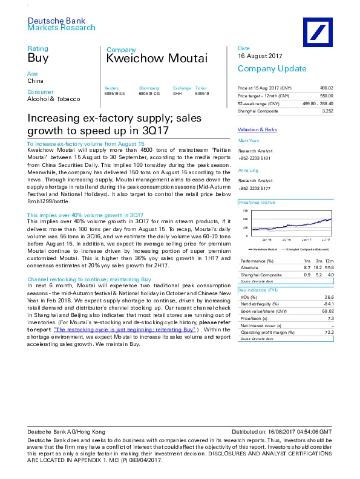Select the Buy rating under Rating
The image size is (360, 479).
point(38,59)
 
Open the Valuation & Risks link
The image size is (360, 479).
point(257,129)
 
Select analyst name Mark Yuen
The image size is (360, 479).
point(248,141)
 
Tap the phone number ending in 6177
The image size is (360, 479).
point(254,188)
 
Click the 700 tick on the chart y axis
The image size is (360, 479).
point(245,211)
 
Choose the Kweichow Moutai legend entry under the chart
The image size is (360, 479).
point(264,249)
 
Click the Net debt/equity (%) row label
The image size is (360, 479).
point(260,304)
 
